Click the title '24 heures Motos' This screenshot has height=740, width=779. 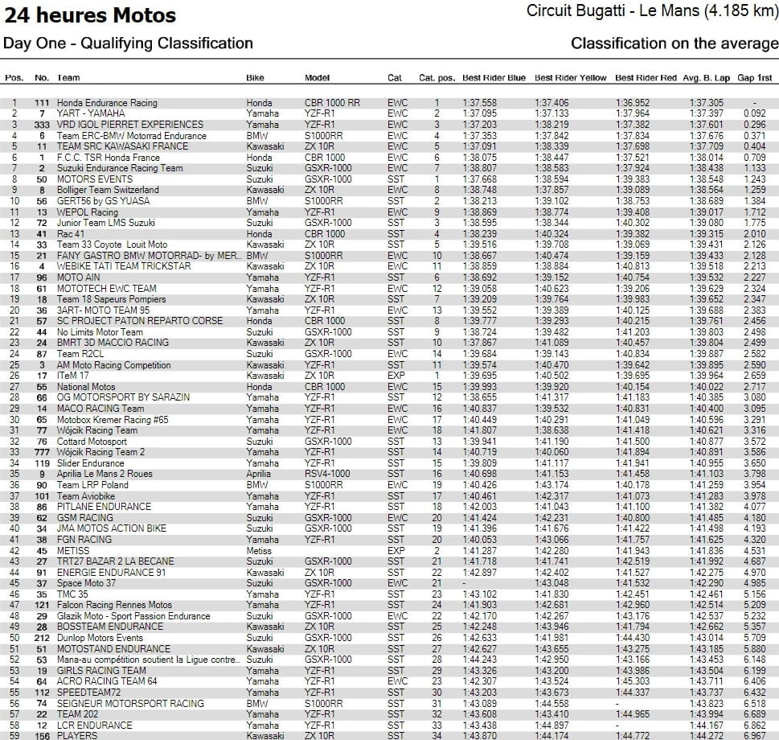89,14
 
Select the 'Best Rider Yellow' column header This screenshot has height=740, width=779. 570,78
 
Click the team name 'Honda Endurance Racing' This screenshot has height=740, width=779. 107,103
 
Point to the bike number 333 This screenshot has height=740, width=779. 42,125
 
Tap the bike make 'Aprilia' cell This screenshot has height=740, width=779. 259,474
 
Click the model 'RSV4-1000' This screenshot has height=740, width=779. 326,474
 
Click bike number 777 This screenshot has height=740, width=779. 42,452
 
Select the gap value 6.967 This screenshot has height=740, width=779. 754,736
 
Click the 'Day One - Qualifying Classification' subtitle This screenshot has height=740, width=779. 128,43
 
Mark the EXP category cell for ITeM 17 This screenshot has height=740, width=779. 396,376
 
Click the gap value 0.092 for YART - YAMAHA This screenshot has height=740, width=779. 754,113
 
